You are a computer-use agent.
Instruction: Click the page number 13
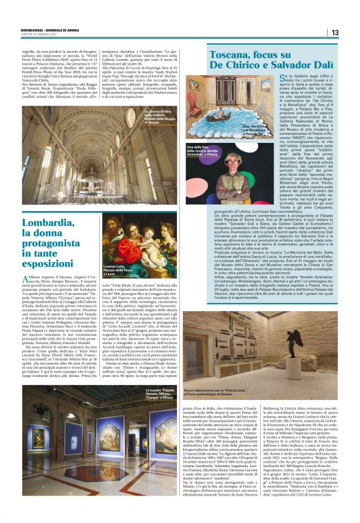[335, 32]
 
